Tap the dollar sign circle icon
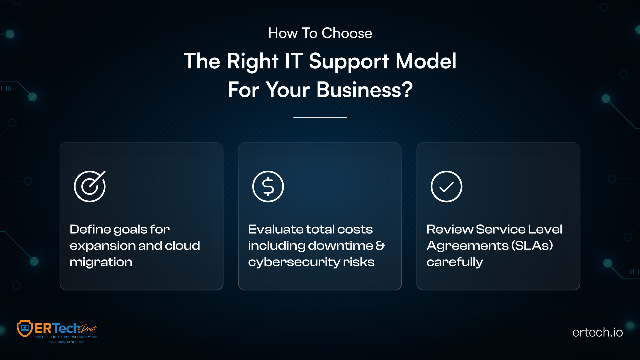pos(268,186)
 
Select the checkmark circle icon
pos(446,186)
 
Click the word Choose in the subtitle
pos(347,33)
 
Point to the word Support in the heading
pos(349,62)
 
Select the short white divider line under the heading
pos(320,117)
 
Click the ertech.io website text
pos(597,332)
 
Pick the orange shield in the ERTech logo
pos(25,328)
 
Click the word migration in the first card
pos(101,262)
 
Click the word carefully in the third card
pos(455,262)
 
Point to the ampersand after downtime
pos(380,246)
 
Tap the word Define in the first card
pos(90,229)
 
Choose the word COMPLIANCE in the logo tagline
pos(66,342)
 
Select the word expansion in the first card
pos(102,246)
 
